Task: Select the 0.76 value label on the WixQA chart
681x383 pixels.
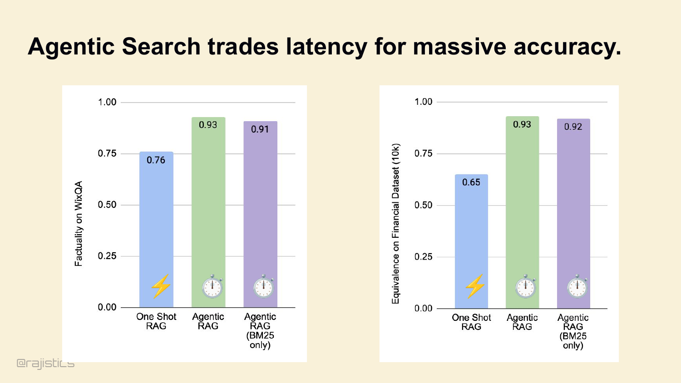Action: pyautogui.click(x=156, y=160)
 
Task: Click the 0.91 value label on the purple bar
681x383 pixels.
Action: pyautogui.click(x=260, y=129)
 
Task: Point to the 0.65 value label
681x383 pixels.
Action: pyautogui.click(x=471, y=182)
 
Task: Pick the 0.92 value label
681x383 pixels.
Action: pyautogui.click(x=573, y=127)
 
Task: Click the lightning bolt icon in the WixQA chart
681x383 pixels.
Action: pyautogui.click(x=161, y=286)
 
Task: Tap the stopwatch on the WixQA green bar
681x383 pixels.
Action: pyautogui.click(x=212, y=286)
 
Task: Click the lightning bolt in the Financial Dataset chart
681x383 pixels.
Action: pyautogui.click(x=475, y=286)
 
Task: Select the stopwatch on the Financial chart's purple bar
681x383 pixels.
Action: pyautogui.click(x=577, y=286)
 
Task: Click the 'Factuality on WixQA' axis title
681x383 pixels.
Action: pyautogui.click(x=79, y=224)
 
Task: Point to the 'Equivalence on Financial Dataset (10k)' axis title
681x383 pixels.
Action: pyautogui.click(x=395, y=224)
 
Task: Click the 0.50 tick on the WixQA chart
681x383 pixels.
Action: pyautogui.click(x=107, y=205)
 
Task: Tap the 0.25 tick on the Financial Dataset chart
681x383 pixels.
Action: pyautogui.click(x=424, y=257)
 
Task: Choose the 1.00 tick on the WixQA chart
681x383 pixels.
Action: pyautogui.click(x=107, y=102)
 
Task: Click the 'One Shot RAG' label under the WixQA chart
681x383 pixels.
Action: pyautogui.click(x=156, y=321)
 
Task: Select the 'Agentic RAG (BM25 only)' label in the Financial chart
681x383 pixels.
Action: pyautogui.click(x=573, y=332)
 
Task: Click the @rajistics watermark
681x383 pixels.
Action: pyautogui.click(x=45, y=363)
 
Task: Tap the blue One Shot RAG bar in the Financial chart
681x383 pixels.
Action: pyautogui.click(x=471, y=241)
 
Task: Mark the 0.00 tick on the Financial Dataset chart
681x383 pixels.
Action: pyautogui.click(x=424, y=309)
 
